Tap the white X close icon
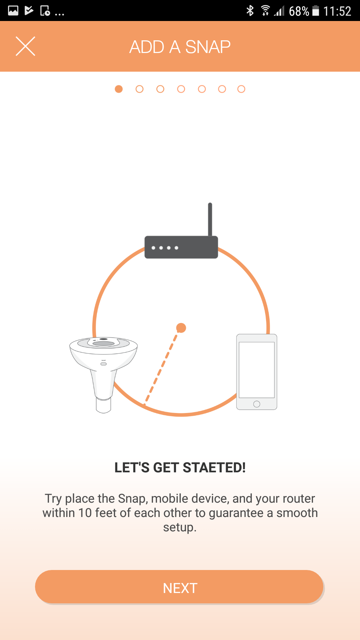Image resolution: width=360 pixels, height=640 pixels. (25, 46)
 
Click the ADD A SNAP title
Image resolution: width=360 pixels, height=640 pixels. (180, 47)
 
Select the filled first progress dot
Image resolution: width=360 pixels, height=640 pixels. (119, 89)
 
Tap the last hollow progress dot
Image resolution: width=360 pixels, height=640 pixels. (241, 89)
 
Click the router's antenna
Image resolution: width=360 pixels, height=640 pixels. (210, 219)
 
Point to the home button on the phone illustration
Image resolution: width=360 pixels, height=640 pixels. (257, 404)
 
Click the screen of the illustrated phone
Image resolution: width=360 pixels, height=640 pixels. (257, 370)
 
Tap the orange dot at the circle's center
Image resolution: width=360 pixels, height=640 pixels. (181, 328)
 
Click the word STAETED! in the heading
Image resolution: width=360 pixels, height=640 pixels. (214, 468)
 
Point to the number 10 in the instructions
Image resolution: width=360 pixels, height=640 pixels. (85, 513)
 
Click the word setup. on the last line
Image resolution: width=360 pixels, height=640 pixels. (180, 528)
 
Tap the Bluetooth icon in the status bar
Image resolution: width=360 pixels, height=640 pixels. (250, 11)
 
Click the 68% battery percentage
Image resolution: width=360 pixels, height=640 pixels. (299, 11)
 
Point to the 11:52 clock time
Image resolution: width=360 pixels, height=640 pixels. (337, 11)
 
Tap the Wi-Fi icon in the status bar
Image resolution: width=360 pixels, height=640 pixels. (265, 11)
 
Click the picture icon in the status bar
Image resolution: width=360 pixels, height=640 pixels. (13, 11)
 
